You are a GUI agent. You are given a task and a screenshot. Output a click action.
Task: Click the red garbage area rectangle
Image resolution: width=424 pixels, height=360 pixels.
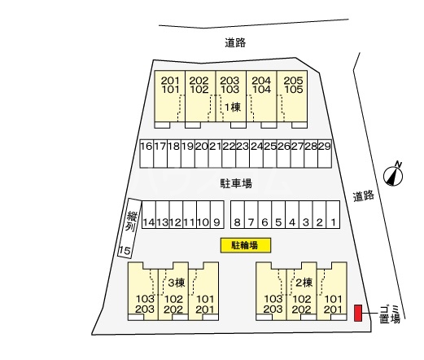(x=358, y=313)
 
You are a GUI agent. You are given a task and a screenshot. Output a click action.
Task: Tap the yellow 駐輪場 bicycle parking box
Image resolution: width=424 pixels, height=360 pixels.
(x=246, y=245)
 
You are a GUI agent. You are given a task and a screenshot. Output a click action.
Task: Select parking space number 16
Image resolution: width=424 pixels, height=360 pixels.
(x=146, y=154)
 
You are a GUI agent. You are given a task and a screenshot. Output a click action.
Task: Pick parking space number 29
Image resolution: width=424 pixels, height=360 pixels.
(x=325, y=154)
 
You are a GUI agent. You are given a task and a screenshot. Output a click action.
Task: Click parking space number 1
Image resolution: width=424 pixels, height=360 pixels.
(x=333, y=214)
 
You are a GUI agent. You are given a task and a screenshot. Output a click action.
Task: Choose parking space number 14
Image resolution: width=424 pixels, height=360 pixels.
(x=149, y=214)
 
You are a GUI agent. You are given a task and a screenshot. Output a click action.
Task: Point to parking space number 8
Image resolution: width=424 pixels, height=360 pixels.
(x=238, y=214)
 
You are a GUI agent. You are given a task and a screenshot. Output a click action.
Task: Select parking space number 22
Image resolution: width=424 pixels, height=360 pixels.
(x=229, y=154)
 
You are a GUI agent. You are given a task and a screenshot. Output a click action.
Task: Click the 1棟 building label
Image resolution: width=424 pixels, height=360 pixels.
(x=233, y=108)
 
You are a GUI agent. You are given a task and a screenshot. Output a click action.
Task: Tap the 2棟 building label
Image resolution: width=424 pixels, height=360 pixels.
(x=304, y=283)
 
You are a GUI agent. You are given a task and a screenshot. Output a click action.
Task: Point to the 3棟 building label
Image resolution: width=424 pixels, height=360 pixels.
(x=177, y=283)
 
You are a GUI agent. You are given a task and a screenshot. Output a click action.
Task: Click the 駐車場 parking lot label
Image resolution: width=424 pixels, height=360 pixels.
(x=236, y=183)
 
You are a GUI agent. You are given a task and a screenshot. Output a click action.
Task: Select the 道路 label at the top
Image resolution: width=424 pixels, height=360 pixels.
(x=235, y=42)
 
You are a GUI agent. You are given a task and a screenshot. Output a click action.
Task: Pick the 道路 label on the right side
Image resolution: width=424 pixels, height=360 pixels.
(x=364, y=195)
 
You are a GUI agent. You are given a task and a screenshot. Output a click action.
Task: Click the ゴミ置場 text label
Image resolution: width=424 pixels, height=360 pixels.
(x=390, y=314)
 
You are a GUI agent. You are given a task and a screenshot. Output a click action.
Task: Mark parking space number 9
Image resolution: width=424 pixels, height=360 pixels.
(x=217, y=214)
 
